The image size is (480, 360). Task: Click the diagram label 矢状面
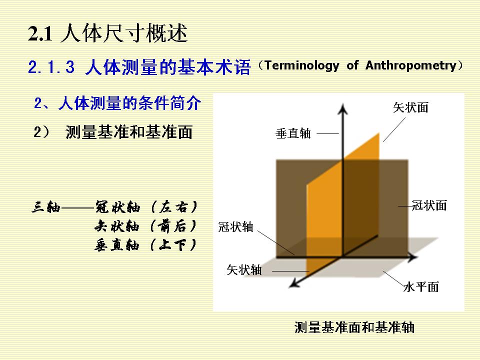(x=410, y=107)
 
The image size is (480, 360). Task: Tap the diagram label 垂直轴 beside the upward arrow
(x=293, y=133)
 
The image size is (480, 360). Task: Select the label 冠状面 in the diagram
(x=429, y=205)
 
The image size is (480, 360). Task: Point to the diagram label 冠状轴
(x=235, y=227)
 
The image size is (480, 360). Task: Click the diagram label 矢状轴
(x=244, y=269)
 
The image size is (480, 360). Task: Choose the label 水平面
(x=421, y=287)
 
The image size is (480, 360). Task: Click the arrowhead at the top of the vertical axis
(x=343, y=109)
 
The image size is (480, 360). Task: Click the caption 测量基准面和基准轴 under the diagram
(x=354, y=327)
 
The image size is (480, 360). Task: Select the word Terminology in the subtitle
(x=302, y=65)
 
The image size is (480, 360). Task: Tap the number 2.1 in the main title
(x=40, y=33)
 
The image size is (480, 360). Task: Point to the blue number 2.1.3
(x=51, y=67)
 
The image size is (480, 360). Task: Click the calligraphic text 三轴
(x=46, y=207)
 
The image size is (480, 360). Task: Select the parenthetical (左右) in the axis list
(x=174, y=207)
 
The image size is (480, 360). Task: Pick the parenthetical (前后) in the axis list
(x=173, y=226)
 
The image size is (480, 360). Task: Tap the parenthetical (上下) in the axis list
(x=173, y=245)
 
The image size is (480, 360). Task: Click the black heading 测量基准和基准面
(x=129, y=132)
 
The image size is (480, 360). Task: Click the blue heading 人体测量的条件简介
(x=129, y=103)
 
